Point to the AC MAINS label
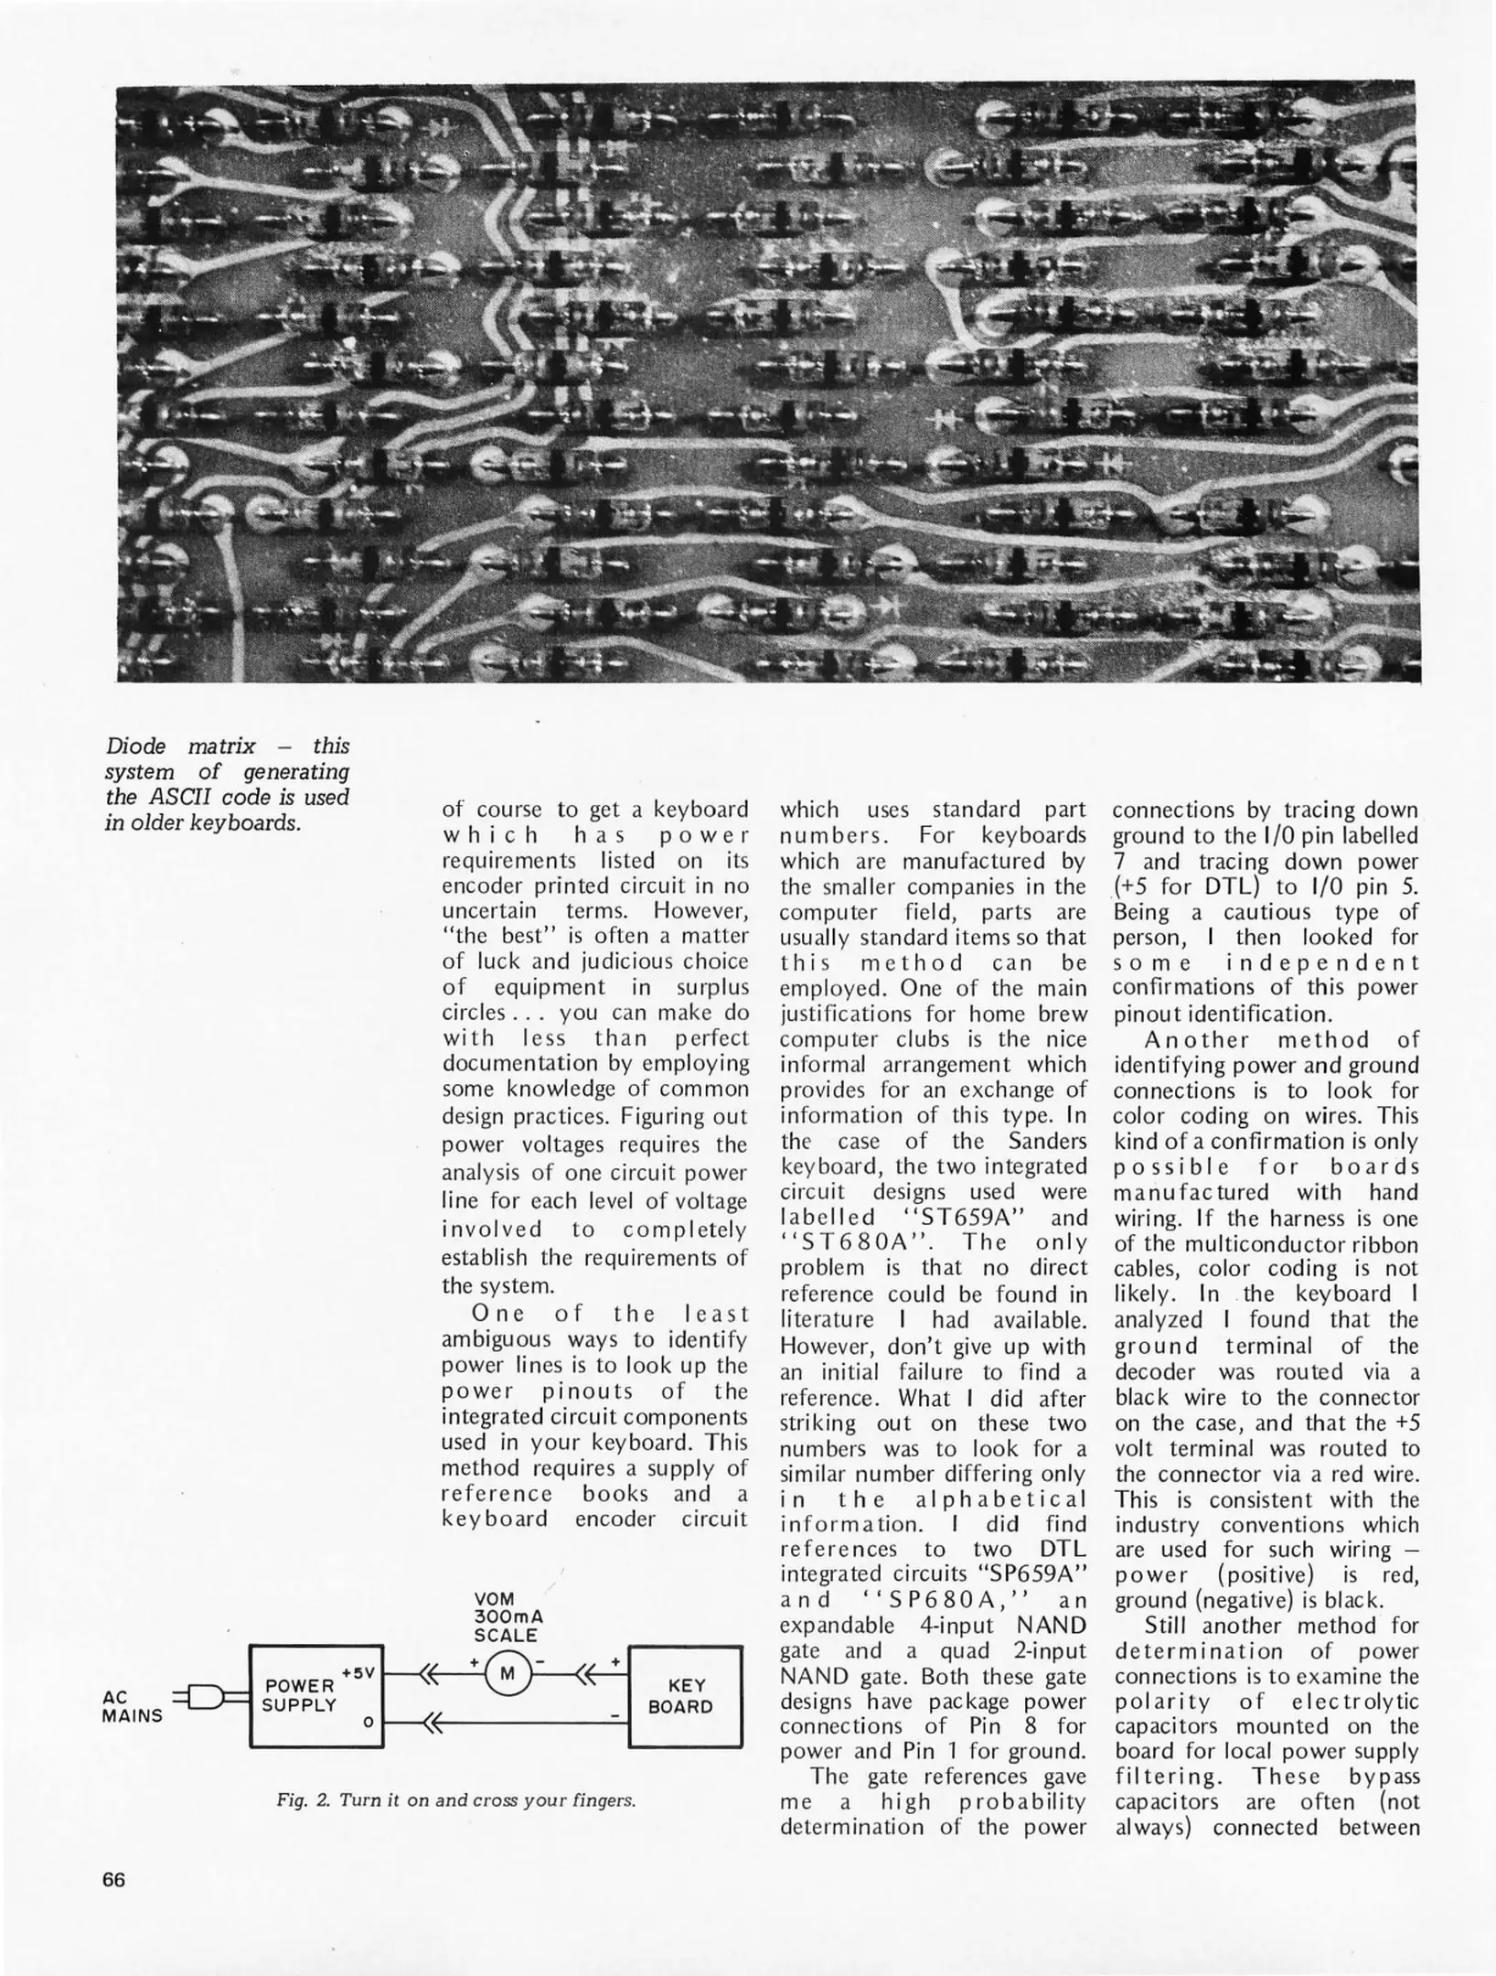(132, 1706)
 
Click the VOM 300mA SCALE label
(508, 1617)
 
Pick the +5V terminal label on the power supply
(358, 1673)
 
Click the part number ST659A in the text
(957, 1219)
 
